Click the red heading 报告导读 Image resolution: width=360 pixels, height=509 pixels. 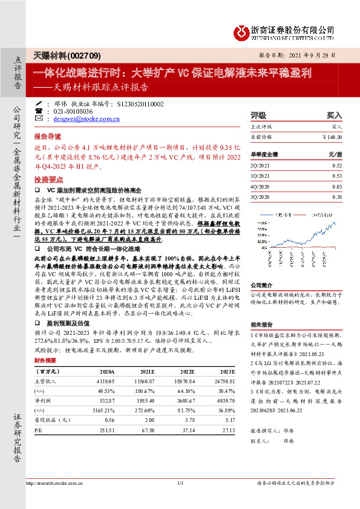tap(48, 137)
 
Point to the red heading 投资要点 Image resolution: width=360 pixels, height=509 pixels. tap(48, 180)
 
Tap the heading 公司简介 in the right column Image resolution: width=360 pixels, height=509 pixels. tap(262, 267)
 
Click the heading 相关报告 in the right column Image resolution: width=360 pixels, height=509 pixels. tap(262, 324)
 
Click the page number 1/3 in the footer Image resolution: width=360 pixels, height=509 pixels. tap(180, 483)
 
